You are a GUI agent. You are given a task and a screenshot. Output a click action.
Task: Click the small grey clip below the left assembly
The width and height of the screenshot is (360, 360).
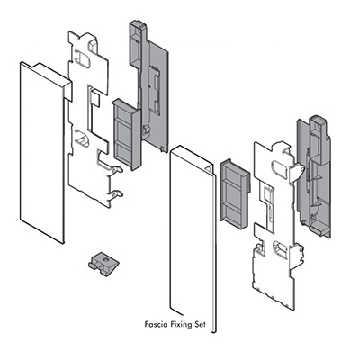(103, 264)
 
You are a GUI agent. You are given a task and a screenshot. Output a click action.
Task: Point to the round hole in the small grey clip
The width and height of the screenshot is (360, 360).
(105, 259)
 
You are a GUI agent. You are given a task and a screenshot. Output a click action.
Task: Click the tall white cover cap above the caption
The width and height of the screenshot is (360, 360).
(192, 237)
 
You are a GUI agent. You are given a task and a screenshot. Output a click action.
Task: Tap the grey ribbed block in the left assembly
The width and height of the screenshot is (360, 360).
(126, 134)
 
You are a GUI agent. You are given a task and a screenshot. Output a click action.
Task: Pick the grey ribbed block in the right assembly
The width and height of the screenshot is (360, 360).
(236, 194)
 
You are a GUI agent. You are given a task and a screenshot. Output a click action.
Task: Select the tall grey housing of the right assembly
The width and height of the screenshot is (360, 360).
(313, 177)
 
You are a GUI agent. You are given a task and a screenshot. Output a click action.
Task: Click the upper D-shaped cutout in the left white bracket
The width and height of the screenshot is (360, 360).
(83, 58)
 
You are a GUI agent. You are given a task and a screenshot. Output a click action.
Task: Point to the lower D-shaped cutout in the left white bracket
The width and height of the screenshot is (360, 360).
(82, 139)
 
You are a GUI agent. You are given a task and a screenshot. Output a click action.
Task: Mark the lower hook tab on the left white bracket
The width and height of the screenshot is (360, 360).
(115, 194)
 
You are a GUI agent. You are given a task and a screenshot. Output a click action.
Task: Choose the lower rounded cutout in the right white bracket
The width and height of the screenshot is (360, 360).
(281, 250)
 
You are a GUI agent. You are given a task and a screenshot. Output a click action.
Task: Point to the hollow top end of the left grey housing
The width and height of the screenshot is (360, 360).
(138, 26)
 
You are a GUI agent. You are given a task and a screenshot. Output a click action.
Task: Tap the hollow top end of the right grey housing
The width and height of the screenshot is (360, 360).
(318, 121)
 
